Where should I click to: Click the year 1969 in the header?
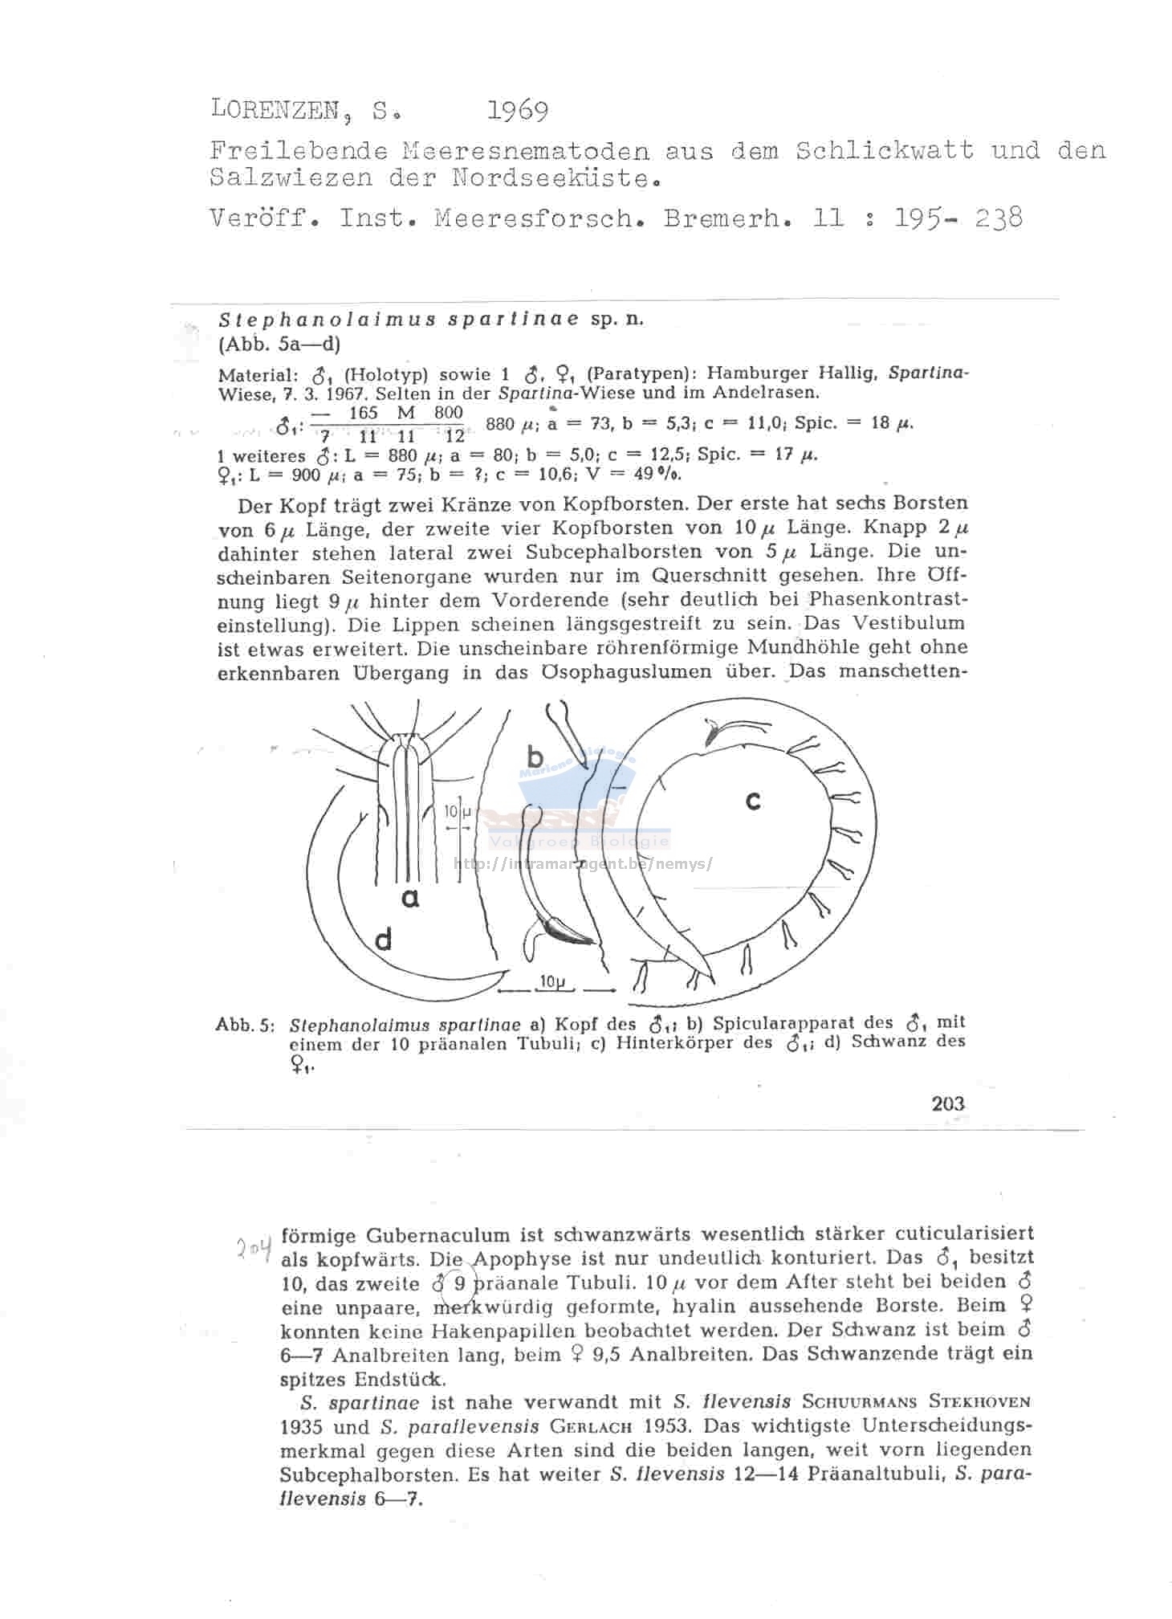pyautogui.click(x=518, y=110)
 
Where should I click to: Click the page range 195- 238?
pyautogui.click(x=958, y=218)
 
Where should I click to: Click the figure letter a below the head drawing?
pyautogui.click(x=410, y=897)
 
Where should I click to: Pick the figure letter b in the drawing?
pyautogui.click(x=535, y=756)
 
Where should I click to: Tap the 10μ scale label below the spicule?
pyautogui.click(x=553, y=981)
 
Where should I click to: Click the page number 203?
pyautogui.click(x=948, y=1103)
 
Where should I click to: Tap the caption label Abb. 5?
pyautogui.click(x=245, y=1026)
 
